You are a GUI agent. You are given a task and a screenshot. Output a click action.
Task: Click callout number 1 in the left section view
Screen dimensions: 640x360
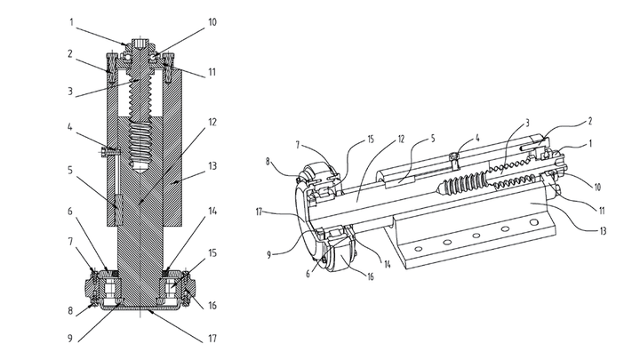[x=71, y=21]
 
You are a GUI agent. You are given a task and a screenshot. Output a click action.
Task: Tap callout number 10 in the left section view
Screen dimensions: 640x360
[x=212, y=21]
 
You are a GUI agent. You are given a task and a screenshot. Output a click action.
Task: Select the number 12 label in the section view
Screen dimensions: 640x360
[x=212, y=122]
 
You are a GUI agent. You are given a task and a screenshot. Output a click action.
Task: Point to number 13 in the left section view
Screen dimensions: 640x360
[x=212, y=166]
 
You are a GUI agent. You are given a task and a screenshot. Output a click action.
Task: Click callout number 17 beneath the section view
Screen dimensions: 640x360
[x=212, y=339]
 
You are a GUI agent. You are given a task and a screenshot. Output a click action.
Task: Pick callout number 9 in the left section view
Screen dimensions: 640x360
[x=70, y=339]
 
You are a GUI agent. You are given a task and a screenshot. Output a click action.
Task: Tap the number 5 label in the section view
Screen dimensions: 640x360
[x=70, y=170]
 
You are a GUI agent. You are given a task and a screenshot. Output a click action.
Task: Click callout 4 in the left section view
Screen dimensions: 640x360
[x=70, y=127]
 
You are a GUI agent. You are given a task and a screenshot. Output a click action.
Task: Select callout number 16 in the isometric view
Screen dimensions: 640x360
[x=370, y=277]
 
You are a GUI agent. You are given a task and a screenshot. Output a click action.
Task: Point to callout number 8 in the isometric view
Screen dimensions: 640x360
[x=268, y=161]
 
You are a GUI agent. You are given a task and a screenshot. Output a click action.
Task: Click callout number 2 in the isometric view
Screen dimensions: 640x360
[x=589, y=121]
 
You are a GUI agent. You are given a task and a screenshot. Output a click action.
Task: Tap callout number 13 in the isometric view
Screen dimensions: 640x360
[x=603, y=231]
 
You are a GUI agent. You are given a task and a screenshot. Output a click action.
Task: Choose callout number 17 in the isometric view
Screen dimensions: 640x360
[x=260, y=212]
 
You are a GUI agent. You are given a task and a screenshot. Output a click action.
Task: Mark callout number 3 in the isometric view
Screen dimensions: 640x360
[x=527, y=123]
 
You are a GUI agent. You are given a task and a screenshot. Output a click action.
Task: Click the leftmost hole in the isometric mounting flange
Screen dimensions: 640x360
[x=418, y=249]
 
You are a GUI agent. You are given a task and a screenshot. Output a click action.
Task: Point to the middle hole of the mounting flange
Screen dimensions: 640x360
[x=476, y=236]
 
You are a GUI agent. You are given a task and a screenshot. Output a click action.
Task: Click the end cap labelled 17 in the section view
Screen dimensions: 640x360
[x=140, y=309]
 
